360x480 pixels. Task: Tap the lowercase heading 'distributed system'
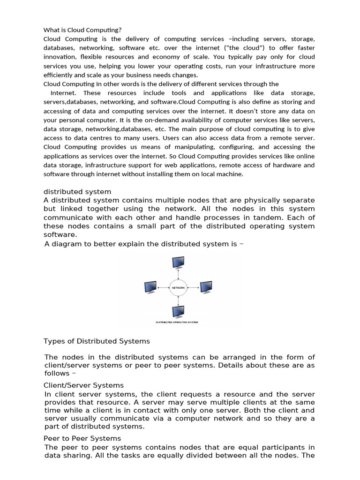(x=77, y=192)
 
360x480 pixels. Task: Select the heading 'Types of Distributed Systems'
(x=97, y=341)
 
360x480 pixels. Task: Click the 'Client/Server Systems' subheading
(x=84, y=385)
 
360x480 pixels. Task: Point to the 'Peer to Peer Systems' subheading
(x=82, y=438)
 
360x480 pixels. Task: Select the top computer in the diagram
(x=179, y=262)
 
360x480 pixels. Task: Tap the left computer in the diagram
(x=150, y=286)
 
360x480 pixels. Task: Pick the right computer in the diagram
(x=207, y=286)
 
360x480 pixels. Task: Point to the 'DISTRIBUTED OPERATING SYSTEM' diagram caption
(x=177, y=322)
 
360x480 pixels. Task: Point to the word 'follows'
(x=57, y=374)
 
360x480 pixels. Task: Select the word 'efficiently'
(x=61, y=75)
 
